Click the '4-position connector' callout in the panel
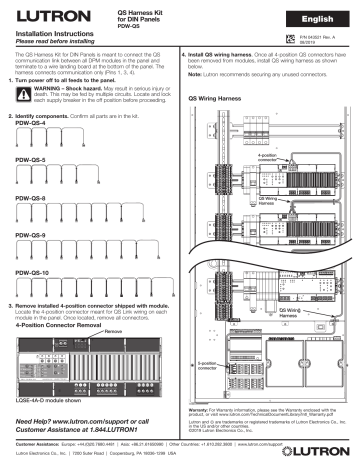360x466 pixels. point(267,156)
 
